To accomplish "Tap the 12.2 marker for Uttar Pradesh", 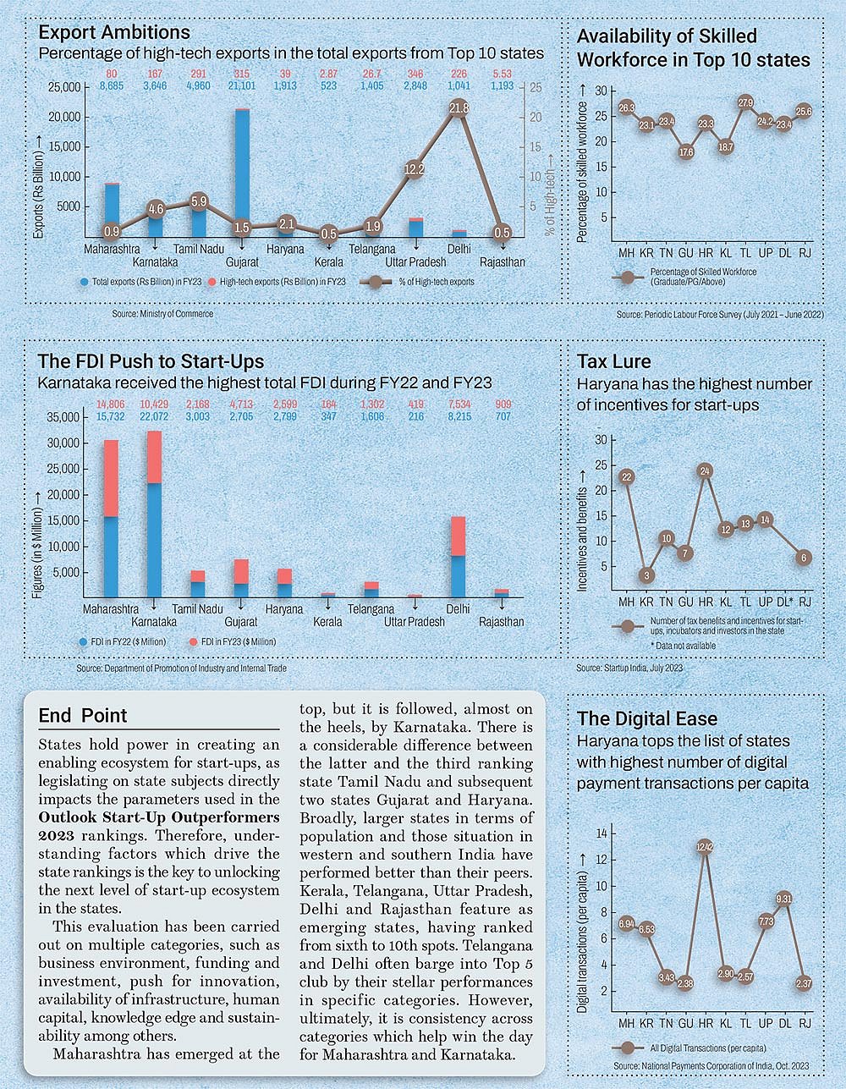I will coord(415,168).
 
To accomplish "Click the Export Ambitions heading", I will coord(114,32).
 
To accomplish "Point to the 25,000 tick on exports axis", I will coord(64,87).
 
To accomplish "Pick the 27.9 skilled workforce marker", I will coord(745,103).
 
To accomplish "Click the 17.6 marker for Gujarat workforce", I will coord(686,152).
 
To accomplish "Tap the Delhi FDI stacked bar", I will coord(458,557).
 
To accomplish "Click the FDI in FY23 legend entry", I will coord(232,642).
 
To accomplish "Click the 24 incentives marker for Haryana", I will coord(706,471).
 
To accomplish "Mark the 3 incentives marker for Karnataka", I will coord(646,576).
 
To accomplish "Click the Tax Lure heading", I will coord(613,361).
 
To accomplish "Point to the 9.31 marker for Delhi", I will coord(784,899).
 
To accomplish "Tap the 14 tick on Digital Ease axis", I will coord(602,833).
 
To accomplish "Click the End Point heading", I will coord(83,716).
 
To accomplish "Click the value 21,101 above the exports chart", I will coord(242,85).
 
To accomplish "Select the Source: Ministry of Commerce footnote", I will coord(162,314).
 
